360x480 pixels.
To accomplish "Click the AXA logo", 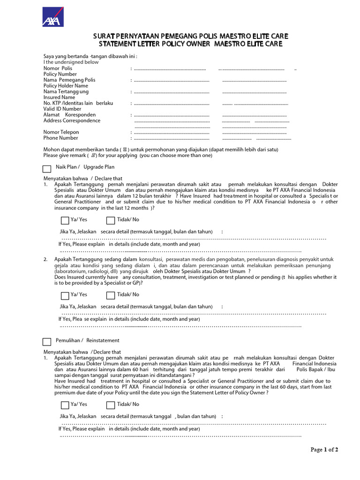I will pyautogui.click(x=53, y=17).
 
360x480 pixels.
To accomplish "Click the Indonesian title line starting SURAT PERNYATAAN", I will pyautogui.click(x=190, y=37).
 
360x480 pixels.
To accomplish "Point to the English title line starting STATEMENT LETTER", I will pyautogui.click(x=190, y=45).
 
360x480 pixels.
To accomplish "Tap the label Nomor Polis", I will pyautogui.click(x=58, y=68).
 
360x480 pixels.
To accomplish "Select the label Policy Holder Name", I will pyautogui.click(x=66, y=86).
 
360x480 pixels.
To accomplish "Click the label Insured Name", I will pyautogui.click(x=60, y=97).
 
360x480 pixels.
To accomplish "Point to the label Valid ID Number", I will pyautogui.click(x=62, y=109).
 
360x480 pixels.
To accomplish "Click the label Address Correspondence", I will pyautogui.click(x=72, y=120).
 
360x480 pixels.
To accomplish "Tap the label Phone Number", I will pyautogui.click(x=61, y=138).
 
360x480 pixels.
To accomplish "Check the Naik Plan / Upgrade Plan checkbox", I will pyautogui.click(x=47, y=169).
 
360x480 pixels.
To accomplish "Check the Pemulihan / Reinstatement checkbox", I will pyautogui.click(x=47, y=342).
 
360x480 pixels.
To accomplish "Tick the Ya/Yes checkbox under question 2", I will pyautogui.click(x=65, y=295).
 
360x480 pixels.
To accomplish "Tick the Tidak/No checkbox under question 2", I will pyautogui.click(x=111, y=295).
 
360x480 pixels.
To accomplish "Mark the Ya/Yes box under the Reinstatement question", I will pyautogui.click(x=65, y=405).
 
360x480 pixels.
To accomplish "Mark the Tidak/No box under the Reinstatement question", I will pyautogui.click(x=111, y=405).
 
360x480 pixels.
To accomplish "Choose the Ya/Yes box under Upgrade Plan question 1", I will pyautogui.click(x=65, y=221).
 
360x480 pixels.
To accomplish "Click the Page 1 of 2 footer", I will pyautogui.click(x=324, y=450).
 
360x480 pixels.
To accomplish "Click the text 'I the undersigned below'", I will pyautogui.click(x=71, y=62).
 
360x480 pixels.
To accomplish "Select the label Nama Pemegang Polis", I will pyautogui.click(x=69, y=80).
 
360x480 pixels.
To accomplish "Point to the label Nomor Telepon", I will pyautogui.click(x=61, y=132).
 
